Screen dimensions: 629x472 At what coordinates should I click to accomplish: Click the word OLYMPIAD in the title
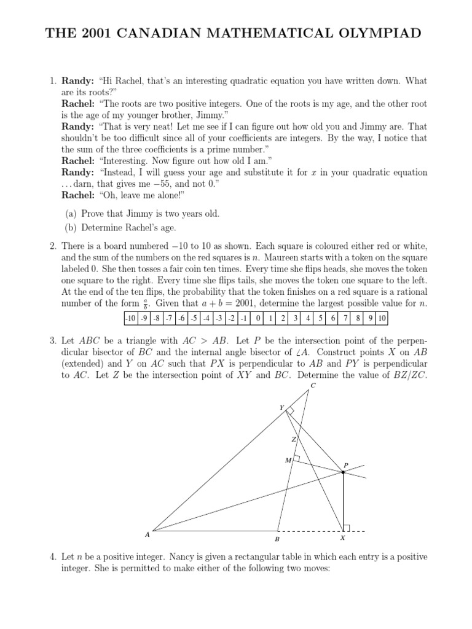coord(377,33)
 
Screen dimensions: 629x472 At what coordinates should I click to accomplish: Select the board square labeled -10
coord(130,318)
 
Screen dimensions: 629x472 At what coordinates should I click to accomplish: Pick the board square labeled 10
coord(382,318)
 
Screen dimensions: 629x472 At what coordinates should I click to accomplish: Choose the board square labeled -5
coord(194,318)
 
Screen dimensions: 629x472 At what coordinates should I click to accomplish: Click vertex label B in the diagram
coord(277,539)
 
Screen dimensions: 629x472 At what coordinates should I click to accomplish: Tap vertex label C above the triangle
coord(313,385)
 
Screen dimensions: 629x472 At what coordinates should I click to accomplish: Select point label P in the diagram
coord(346,466)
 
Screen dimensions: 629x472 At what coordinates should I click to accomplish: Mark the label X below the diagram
coord(342,539)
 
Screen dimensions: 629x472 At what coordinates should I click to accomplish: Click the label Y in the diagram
coord(281,407)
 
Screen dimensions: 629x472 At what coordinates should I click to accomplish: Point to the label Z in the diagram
coord(294,440)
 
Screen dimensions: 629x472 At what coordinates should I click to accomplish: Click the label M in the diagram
coord(287,460)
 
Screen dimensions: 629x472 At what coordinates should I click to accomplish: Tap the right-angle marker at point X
coord(346,527)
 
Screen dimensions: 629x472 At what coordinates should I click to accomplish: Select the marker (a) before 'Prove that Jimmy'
coord(71,214)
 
